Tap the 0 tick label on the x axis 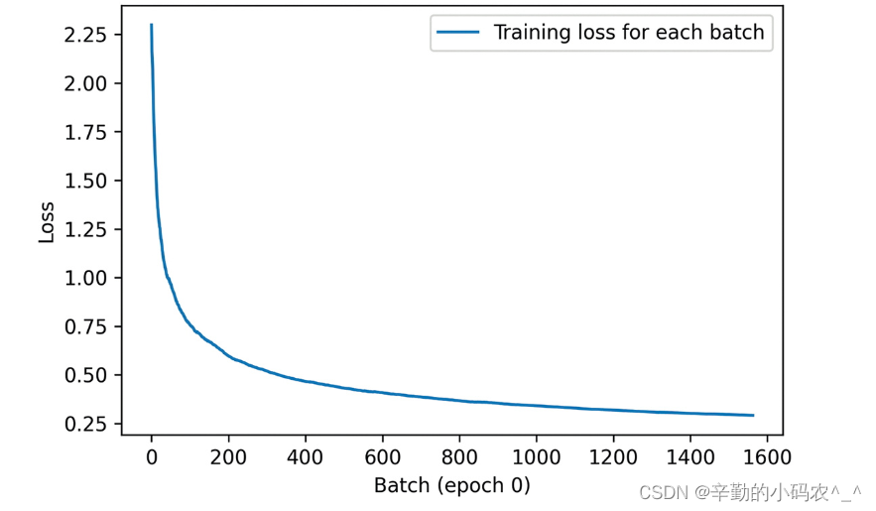151,457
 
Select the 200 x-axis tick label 228,457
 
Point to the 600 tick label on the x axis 382,457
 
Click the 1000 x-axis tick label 536,457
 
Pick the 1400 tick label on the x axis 689,457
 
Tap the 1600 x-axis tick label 767,457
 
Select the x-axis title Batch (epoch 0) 451,485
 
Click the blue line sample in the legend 458,33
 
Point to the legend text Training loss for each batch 629,33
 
